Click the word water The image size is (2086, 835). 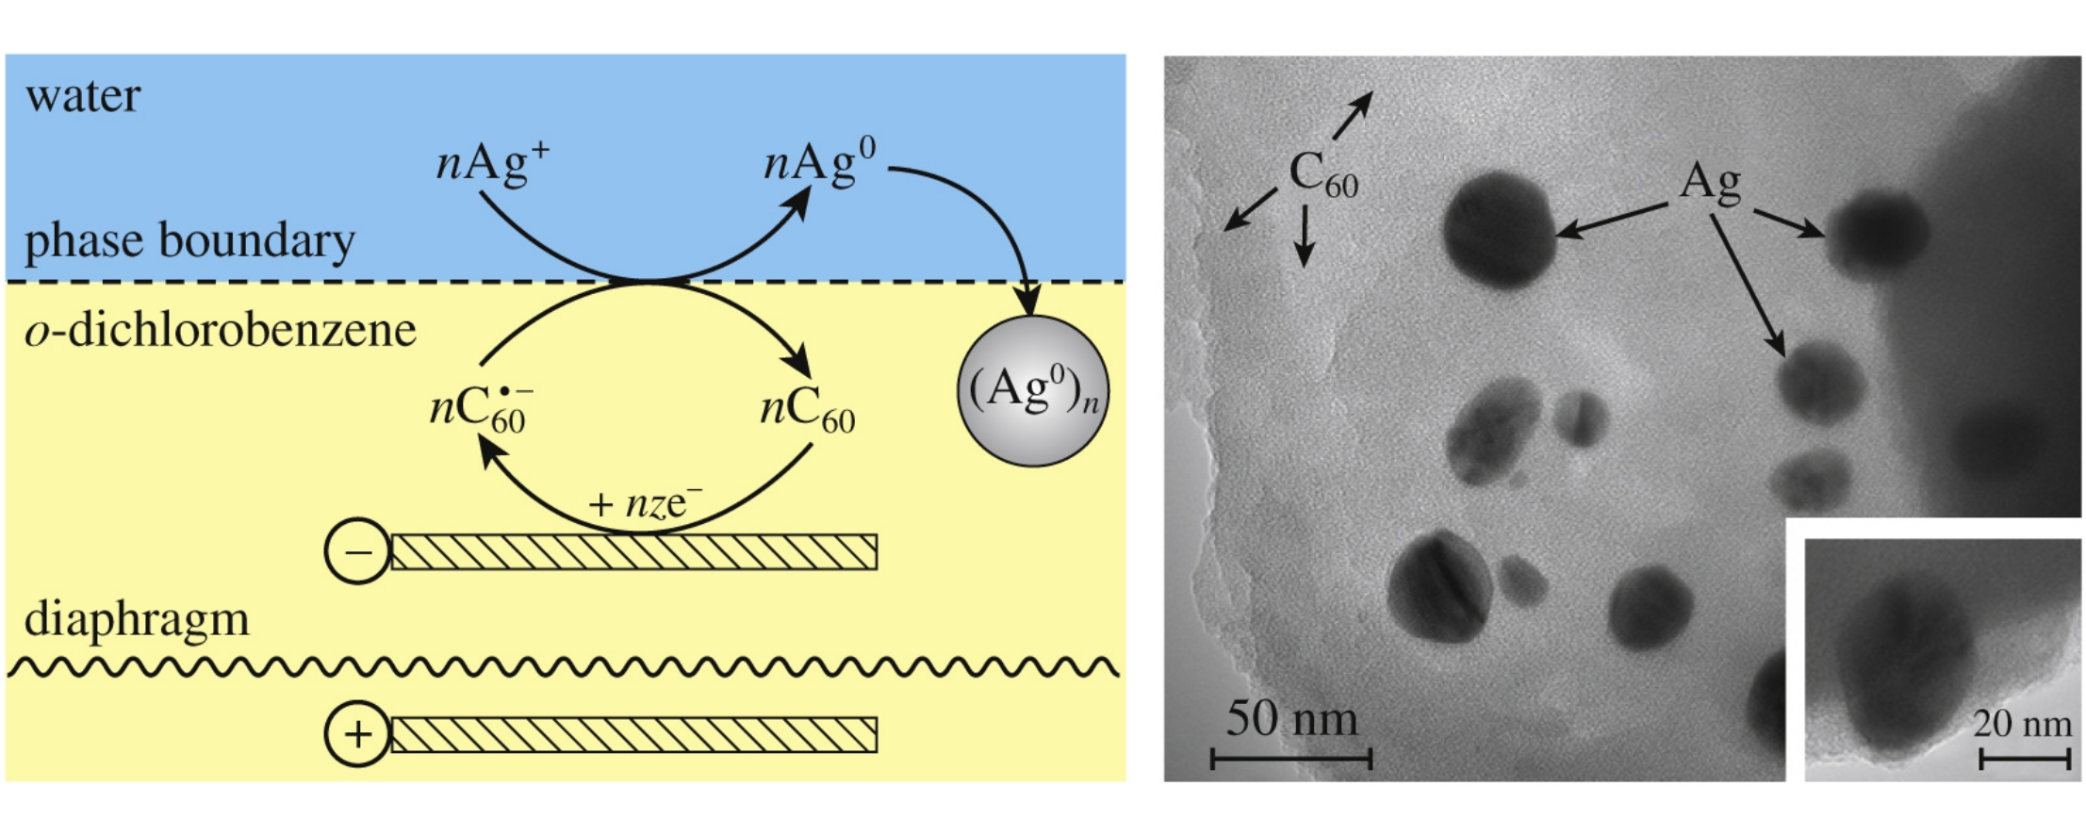[x=83, y=96]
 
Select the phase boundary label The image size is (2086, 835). [x=189, y=241]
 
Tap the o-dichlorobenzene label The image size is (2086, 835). [x=221, y=331]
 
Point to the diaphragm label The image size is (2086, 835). [x=137, y=620]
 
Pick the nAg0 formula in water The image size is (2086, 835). [x=819, y=162]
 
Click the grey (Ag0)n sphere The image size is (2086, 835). [x=1033, y=391]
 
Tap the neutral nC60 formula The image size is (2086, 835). [x=807, y=410]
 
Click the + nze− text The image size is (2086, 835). [x=645, y=504]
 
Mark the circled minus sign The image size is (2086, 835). [x=357, y=551]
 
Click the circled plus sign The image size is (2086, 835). [x=357, y=734]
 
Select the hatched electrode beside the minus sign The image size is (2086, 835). [x=633, y=552]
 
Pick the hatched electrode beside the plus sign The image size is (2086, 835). [x=633, y=735]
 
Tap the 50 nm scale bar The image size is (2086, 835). [x=1290, y=757]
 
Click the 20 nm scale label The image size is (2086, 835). [x=2022, y=724]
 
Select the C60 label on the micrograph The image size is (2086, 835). [x=1322, y=176]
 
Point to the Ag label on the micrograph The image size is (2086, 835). [x=1710, y=182]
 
